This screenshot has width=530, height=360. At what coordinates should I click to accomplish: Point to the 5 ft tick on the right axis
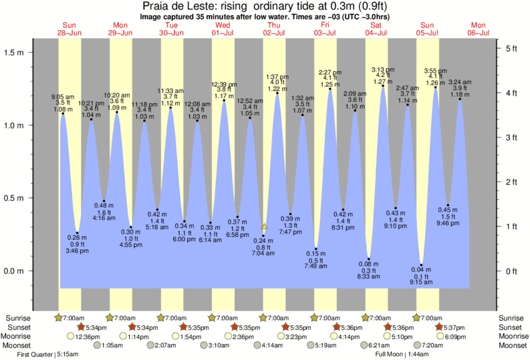511,48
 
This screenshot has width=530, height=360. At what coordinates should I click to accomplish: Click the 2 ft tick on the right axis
511,182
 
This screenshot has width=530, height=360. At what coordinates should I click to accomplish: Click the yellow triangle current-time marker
264,227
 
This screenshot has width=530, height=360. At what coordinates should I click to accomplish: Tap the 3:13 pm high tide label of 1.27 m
382,75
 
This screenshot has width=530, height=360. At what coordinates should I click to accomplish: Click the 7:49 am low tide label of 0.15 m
316,260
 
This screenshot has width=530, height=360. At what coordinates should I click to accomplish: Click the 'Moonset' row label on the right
510,345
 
